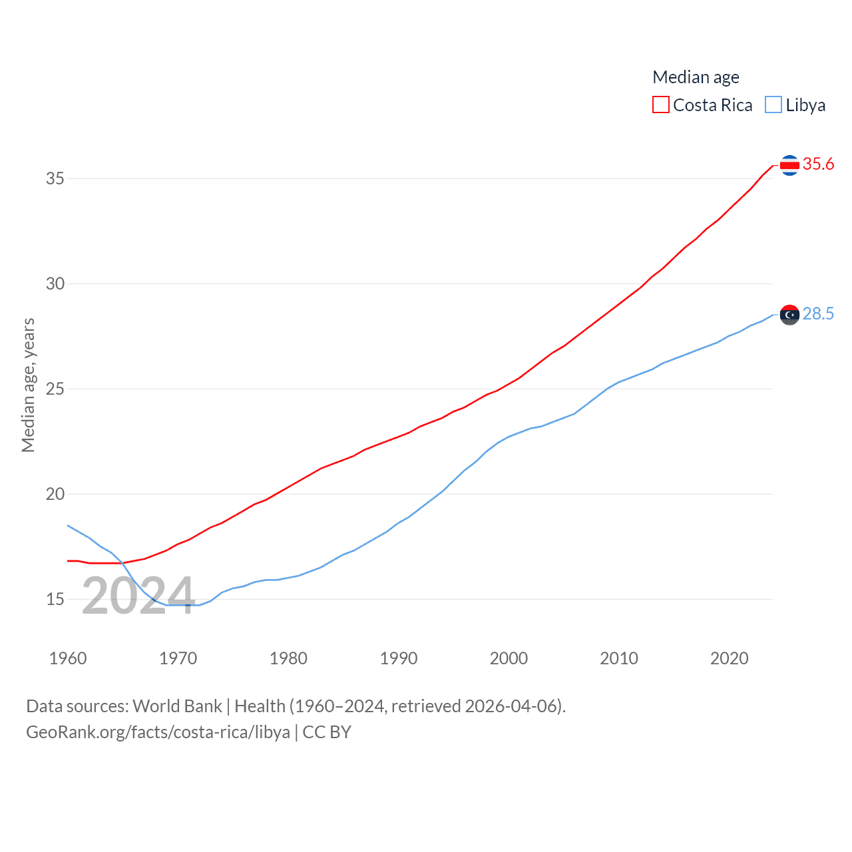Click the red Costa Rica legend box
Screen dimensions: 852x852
coord(660,105)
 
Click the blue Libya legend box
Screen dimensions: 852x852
coord(773,105)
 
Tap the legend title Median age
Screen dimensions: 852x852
coord(696,77)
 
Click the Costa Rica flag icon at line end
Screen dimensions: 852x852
coord(789,164)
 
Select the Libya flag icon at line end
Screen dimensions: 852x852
coord(789,314)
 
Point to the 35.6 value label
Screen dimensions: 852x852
coord(818,164)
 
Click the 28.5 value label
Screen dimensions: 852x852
coord(818,314)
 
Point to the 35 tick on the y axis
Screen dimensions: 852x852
coord(55,178)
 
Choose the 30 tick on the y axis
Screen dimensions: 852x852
coord(55,284)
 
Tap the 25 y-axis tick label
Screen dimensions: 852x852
coord(55,389)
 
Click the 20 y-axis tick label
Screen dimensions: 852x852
coord(55,494)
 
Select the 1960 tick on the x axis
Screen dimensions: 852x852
coord(68,658)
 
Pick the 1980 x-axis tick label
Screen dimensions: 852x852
coord(288,658)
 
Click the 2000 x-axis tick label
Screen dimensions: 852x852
coord(509,658)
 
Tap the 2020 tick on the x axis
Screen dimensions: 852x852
coord(729,658)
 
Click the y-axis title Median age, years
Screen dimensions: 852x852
coord(28,385)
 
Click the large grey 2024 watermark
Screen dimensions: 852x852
coord(138,596)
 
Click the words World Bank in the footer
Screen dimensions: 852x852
coord(177,706)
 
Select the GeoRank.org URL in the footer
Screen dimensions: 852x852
coord(158,732)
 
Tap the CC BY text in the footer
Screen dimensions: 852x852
coord(327,732)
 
